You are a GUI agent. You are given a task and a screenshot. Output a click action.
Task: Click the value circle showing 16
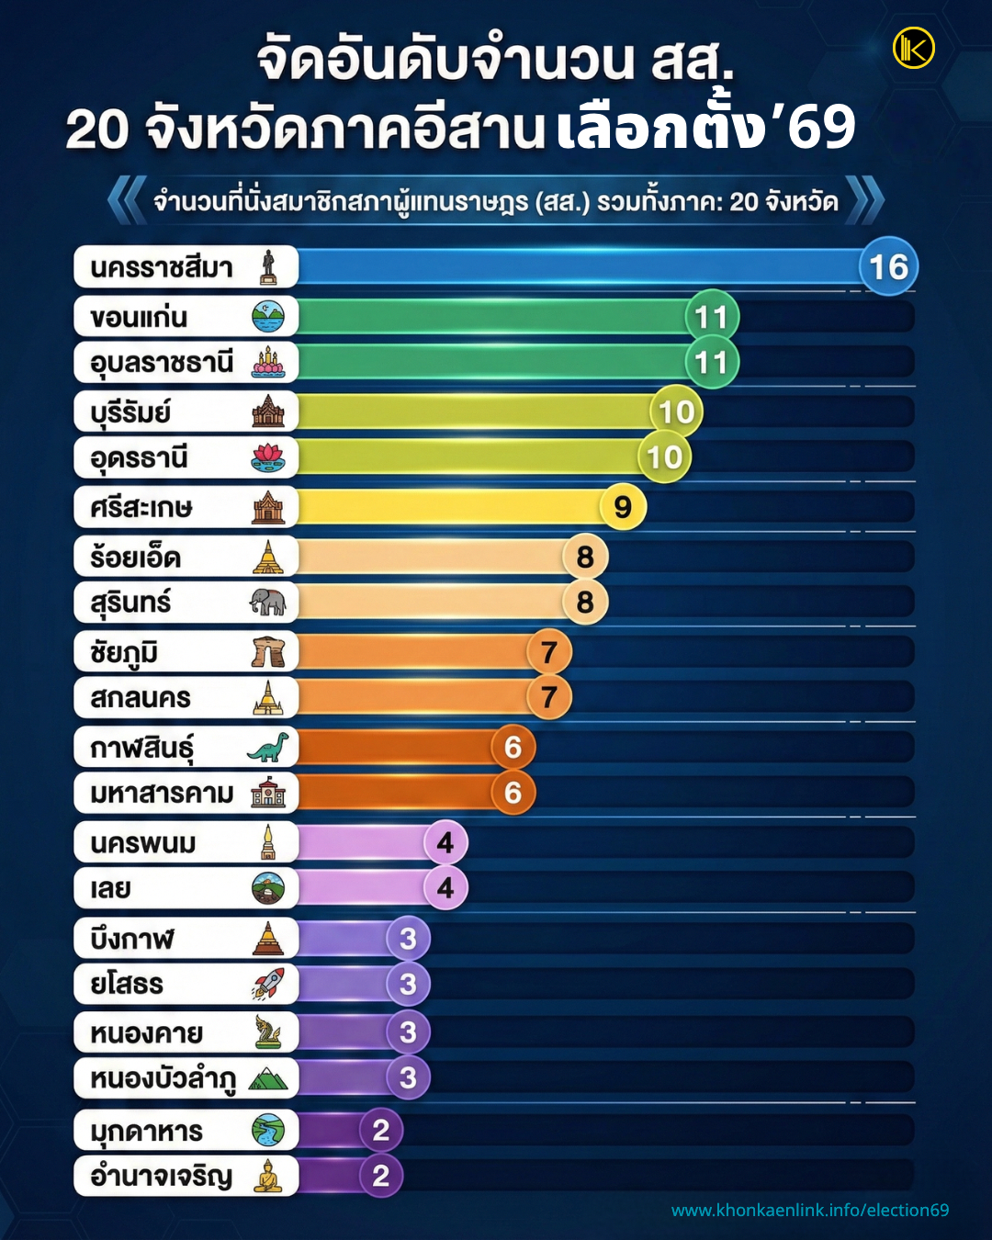coord(888,267)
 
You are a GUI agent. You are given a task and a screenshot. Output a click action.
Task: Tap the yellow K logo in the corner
coord(913,48)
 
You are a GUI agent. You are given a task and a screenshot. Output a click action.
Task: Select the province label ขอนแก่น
coord(139,318)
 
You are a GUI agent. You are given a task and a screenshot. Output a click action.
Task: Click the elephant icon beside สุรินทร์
coord(268,603)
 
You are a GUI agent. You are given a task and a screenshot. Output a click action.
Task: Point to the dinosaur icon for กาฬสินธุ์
coord(268,748)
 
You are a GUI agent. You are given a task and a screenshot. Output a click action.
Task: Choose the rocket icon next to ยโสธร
coord(268,984)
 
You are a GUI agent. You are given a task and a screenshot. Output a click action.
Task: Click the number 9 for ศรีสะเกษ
coord(623,507)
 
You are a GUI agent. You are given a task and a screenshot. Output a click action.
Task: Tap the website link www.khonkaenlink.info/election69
coord(810,1210)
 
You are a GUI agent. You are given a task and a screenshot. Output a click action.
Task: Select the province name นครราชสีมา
coord(162,268)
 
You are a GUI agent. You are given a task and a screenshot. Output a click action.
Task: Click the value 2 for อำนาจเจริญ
coord(381,1176)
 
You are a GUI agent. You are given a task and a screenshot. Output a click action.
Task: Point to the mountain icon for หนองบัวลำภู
coord(268,1078)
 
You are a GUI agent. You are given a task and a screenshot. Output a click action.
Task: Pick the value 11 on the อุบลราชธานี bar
coord(711,363)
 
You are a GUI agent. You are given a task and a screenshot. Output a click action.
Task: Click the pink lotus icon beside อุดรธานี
coord(268,457)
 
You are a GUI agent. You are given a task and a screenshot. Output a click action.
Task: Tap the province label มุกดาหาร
coord(146,1132)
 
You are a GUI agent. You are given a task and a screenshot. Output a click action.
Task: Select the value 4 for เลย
coord(445,888)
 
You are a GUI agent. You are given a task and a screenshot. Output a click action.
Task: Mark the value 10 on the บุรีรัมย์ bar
coord(677,412)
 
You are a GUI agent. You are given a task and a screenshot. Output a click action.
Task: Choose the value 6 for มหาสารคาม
coord(513,793)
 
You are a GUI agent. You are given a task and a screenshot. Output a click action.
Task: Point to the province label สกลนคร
coord(141,698)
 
